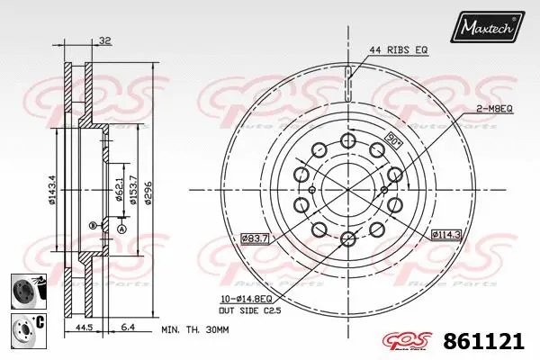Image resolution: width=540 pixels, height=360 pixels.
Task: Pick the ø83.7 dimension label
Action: (255, 238)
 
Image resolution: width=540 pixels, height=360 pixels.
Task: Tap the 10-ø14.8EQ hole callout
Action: (256, 298)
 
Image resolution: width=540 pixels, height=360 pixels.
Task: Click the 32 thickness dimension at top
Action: (106, 40)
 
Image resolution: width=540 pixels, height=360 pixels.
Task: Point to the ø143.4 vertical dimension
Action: (54, 189)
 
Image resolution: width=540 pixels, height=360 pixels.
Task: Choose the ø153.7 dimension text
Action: (134, 188)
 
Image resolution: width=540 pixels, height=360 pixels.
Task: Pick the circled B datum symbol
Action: (92, 223)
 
